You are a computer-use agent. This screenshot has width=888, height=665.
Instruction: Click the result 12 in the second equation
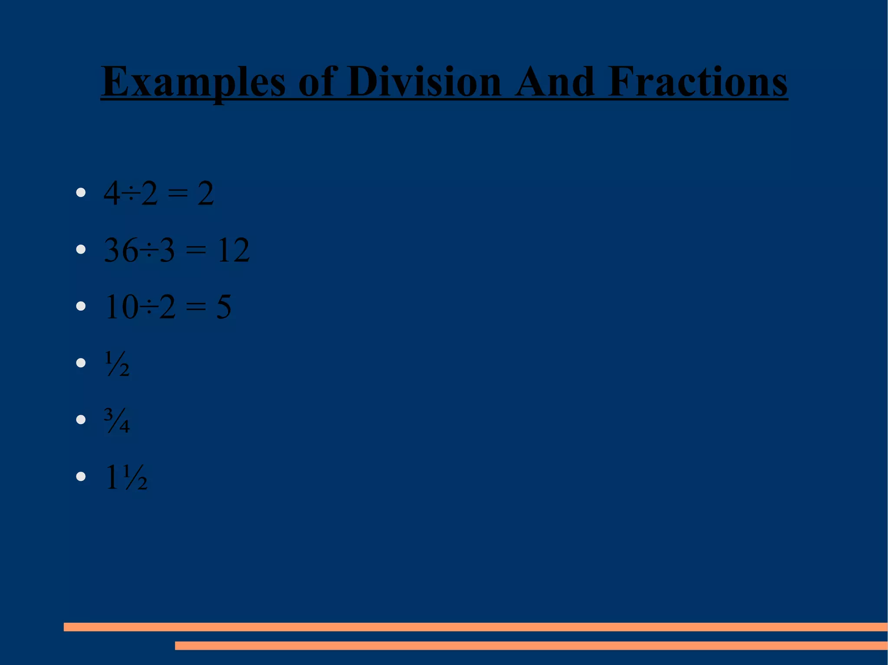[x=233, y=250]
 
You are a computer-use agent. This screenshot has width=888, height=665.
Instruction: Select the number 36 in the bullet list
[x=121, y=250]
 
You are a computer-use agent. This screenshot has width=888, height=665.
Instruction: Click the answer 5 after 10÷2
[x=224, y=307]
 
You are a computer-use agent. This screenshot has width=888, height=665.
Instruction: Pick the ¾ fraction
[x=117, y=420]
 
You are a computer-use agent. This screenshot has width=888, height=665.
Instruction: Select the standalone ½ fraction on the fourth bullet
[x=117, y=363]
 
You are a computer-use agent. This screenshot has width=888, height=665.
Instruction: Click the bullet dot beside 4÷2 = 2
[x=81, y=193]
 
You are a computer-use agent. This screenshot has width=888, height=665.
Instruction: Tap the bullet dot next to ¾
[x=81, y=420]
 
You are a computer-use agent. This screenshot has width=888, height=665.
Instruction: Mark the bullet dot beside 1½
[x=81, y=477]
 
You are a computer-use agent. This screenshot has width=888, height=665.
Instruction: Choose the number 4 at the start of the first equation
[x=112, y=194]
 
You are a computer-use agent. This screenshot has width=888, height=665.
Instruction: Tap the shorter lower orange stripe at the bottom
[x=531, y=646]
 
